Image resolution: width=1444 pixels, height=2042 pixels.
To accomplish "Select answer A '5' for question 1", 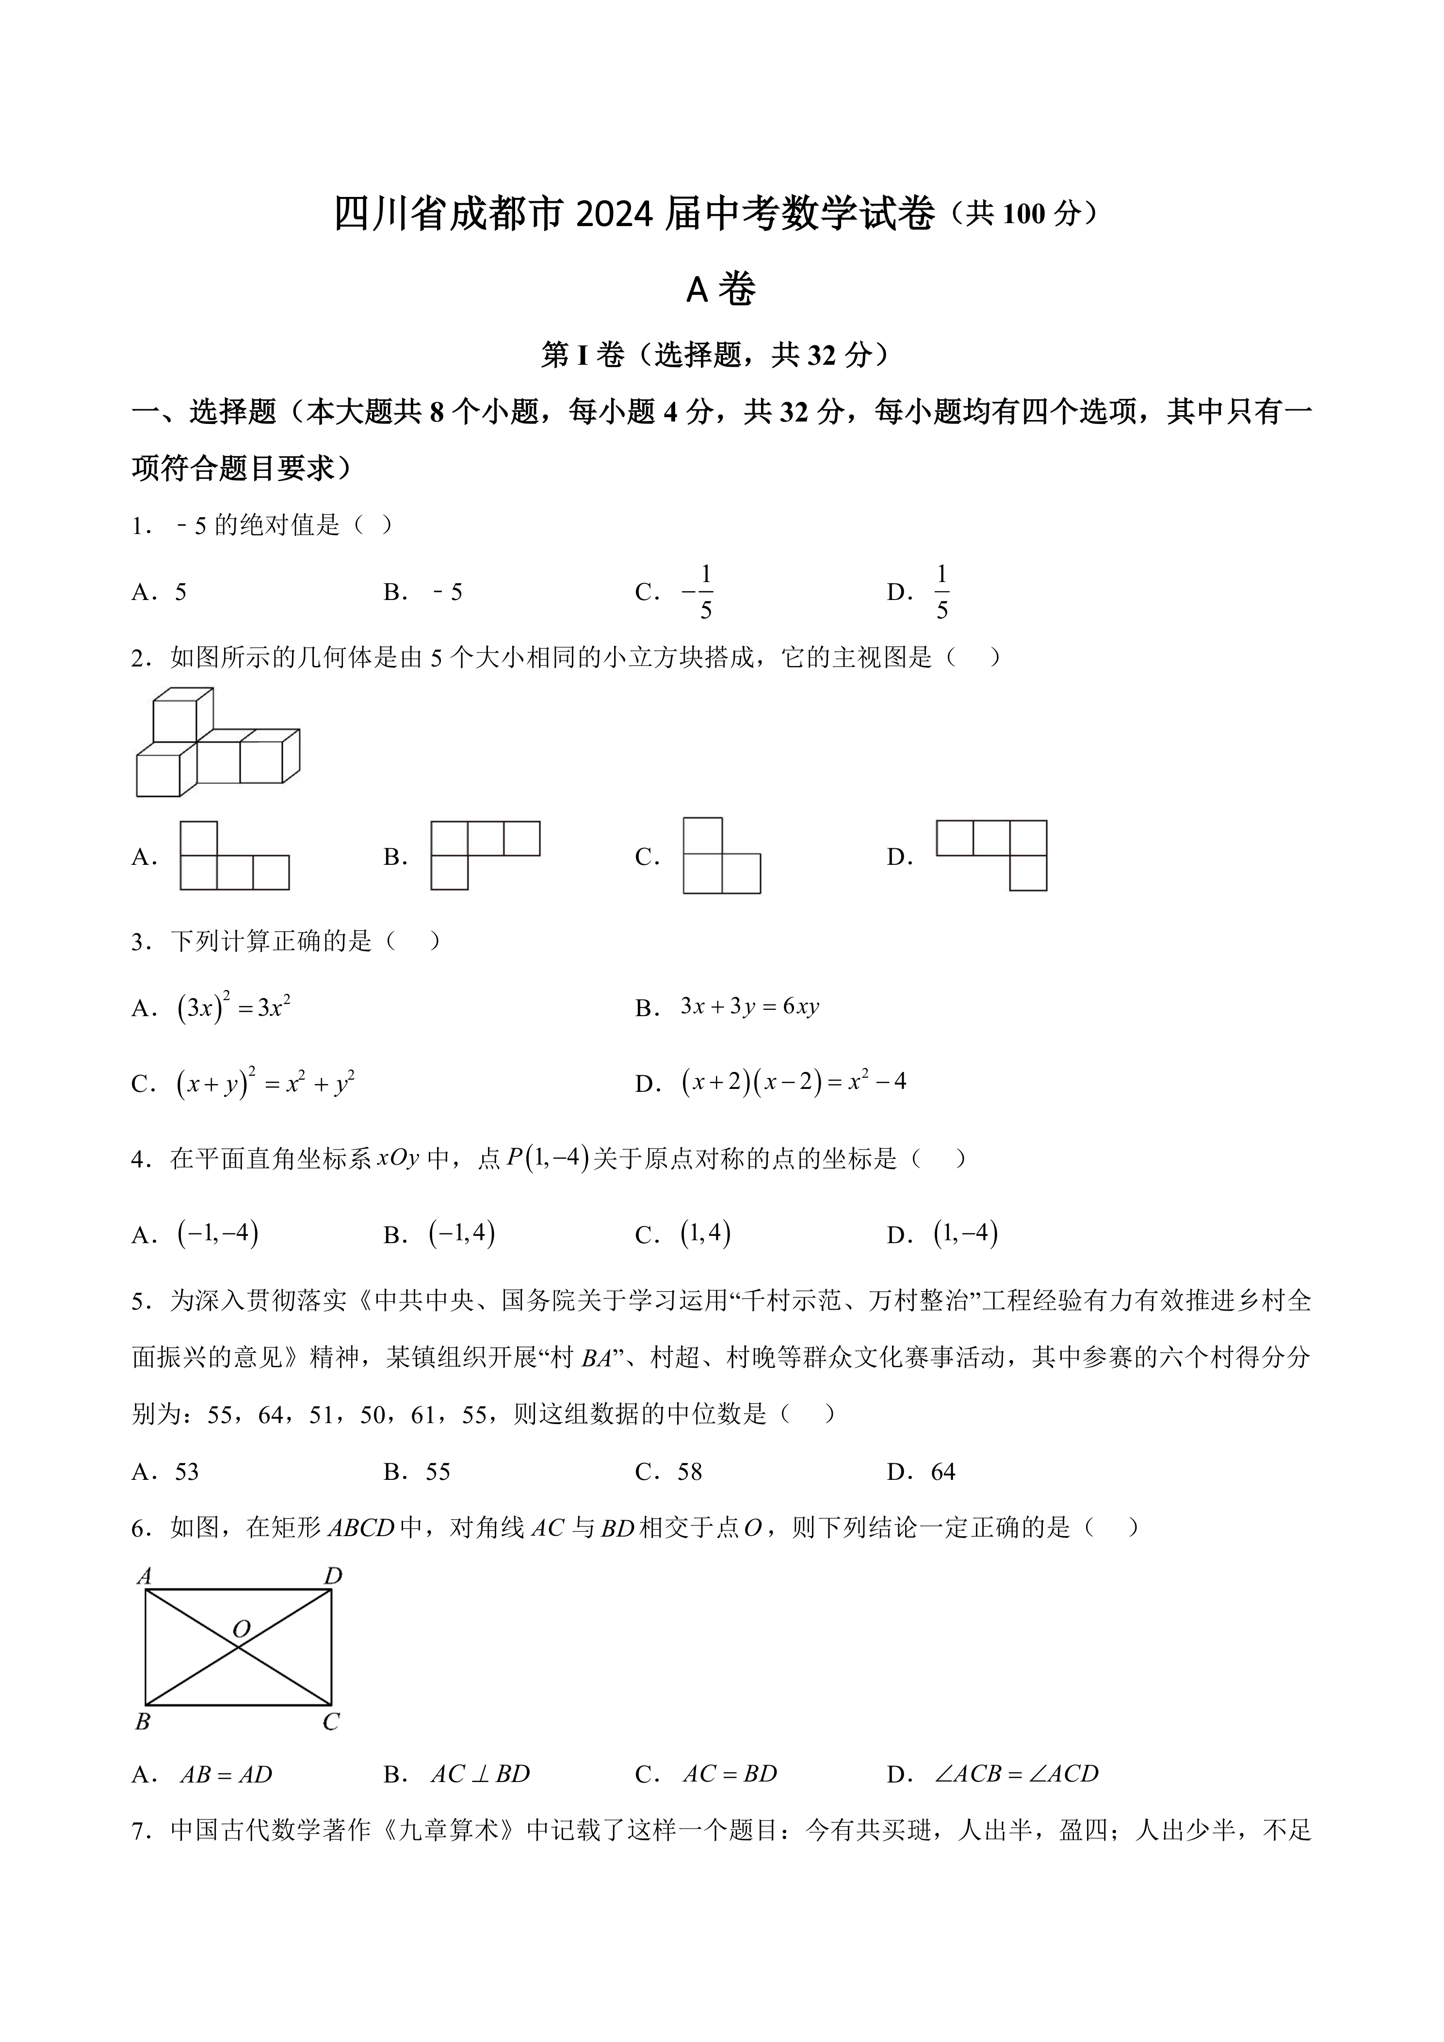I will pos(180,592).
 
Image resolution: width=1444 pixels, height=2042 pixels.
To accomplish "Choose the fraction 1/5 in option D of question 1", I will pos(941,592).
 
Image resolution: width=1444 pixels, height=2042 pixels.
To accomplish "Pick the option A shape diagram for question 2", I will pos(234,856).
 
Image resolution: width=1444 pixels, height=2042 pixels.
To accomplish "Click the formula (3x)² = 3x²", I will pos(234,1007).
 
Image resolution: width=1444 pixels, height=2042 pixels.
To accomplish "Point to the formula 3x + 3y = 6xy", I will pos(749,1007).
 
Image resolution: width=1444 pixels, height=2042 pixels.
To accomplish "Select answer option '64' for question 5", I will pos(942,1472).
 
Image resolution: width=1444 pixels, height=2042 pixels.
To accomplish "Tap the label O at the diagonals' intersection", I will pos(241,1629).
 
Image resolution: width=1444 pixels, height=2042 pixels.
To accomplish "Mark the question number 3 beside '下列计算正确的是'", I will pos(138,943).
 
